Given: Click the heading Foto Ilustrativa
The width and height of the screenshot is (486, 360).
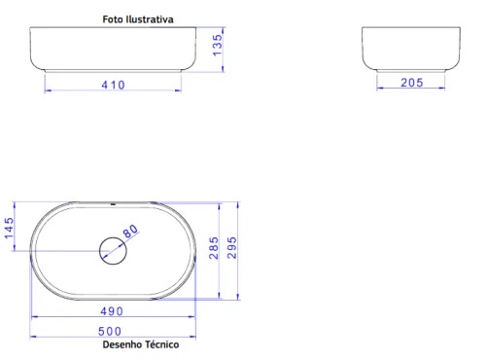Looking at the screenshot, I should point(139,18).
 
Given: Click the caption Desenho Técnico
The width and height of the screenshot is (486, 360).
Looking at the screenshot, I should point(141,344).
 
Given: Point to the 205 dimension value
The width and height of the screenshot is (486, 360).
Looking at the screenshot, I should point(411,84).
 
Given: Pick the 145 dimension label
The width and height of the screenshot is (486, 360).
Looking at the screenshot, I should point(9,230).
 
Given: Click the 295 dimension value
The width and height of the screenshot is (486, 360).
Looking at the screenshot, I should point(232,251).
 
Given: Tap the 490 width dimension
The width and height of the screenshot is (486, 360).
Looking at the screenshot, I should point(112,311).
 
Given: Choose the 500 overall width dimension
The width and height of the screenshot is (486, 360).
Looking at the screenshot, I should point(112,332).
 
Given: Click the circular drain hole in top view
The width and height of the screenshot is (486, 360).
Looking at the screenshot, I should point(113,252).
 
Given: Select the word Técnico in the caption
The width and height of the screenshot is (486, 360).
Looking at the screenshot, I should point(161,344).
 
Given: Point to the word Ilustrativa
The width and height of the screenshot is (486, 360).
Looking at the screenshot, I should point(153,18).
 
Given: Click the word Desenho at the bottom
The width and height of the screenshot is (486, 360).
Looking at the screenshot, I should point(121,344).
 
